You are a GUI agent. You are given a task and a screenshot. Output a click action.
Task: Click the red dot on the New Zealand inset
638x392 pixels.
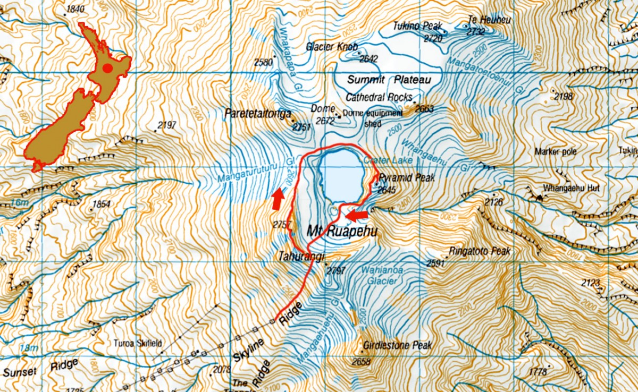point(108,68)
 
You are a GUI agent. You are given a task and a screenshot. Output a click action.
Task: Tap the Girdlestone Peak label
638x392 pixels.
point(397,346)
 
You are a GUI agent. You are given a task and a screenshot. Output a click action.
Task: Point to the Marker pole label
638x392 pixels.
point(556,151)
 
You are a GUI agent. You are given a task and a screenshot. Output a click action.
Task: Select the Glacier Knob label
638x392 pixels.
point(332,46)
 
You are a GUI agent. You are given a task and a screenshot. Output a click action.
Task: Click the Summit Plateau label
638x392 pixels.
point(387,80)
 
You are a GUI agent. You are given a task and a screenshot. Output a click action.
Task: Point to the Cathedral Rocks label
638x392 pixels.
point(379,98)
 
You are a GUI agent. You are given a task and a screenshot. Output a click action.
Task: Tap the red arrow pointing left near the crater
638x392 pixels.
point(357,215)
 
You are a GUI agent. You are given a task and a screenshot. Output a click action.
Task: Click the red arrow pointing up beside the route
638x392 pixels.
point(276,200)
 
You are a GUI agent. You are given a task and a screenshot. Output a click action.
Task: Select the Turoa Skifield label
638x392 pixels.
point(136,343)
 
